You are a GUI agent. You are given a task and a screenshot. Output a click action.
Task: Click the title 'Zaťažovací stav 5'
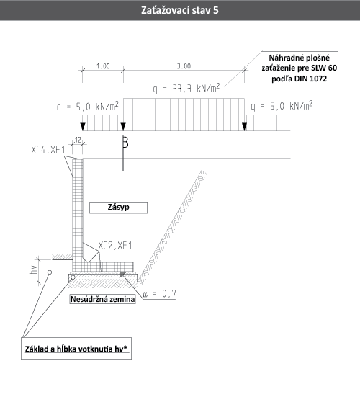179,10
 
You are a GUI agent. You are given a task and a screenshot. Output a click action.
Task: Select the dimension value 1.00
103,66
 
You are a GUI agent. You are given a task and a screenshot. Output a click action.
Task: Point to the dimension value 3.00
184,66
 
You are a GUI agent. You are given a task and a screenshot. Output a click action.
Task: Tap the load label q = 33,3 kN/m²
186,89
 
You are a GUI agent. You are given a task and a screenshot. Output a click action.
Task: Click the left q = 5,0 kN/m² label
88,107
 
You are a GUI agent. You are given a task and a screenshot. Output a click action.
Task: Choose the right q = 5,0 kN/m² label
282,106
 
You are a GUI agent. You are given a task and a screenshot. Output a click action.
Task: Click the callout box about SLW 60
300,68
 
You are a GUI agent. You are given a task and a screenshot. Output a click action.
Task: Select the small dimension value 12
78,140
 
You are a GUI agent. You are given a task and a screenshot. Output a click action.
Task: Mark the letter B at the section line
125,142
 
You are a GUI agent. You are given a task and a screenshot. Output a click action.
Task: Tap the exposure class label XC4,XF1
48,150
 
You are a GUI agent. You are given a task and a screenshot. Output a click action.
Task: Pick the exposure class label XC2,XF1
115,246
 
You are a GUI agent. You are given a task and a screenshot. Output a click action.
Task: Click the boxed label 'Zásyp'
118,208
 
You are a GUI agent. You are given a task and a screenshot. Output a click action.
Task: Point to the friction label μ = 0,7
159,294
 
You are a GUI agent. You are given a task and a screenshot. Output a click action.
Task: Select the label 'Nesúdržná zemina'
102,299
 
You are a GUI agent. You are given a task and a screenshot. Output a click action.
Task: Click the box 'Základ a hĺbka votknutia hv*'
76,349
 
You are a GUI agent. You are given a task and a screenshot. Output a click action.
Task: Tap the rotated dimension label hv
34,269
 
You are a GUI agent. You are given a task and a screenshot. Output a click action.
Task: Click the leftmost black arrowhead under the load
83,126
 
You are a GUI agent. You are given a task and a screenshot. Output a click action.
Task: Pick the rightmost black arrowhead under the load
244,126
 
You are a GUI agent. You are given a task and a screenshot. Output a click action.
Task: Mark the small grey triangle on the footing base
122,275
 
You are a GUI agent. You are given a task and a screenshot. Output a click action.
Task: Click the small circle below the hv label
50,272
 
